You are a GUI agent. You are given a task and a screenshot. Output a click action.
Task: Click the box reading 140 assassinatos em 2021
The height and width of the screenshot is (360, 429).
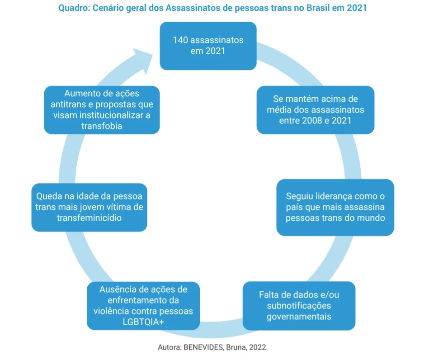pyautogui.click(x=208, y=46)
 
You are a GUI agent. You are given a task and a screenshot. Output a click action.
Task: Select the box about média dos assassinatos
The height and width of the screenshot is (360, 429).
pyautogui.click(x=315, y=110)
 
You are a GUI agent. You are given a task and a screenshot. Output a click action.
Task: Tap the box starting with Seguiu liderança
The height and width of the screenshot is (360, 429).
pyautogui.click(x=335, y=207)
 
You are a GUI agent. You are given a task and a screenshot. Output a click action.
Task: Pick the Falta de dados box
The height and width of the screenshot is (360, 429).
pyautogui.click(x=299, y=306)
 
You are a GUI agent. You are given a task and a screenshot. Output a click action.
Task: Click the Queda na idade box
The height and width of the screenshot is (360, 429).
pyautogui.click(x=89, y=207)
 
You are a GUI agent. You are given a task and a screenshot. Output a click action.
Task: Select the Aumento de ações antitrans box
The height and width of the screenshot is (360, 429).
pyautogui.click(x=102, y=110)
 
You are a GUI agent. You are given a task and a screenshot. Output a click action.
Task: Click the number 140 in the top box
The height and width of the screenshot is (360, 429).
pyautogui.click(x=180, y=40)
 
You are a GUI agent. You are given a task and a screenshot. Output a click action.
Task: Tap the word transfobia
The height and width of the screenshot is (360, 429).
pyautogui.click(x=102, y=126)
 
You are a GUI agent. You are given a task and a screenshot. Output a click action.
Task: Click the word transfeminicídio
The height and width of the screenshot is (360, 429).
pyautogui.click(x=89, y=218)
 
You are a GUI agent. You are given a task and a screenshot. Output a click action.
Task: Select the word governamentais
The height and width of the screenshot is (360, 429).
pyautogui.click(x=299, y=316)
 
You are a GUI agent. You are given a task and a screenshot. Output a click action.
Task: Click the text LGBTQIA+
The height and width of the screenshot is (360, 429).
pyautogui.click(x=143, y=322)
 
